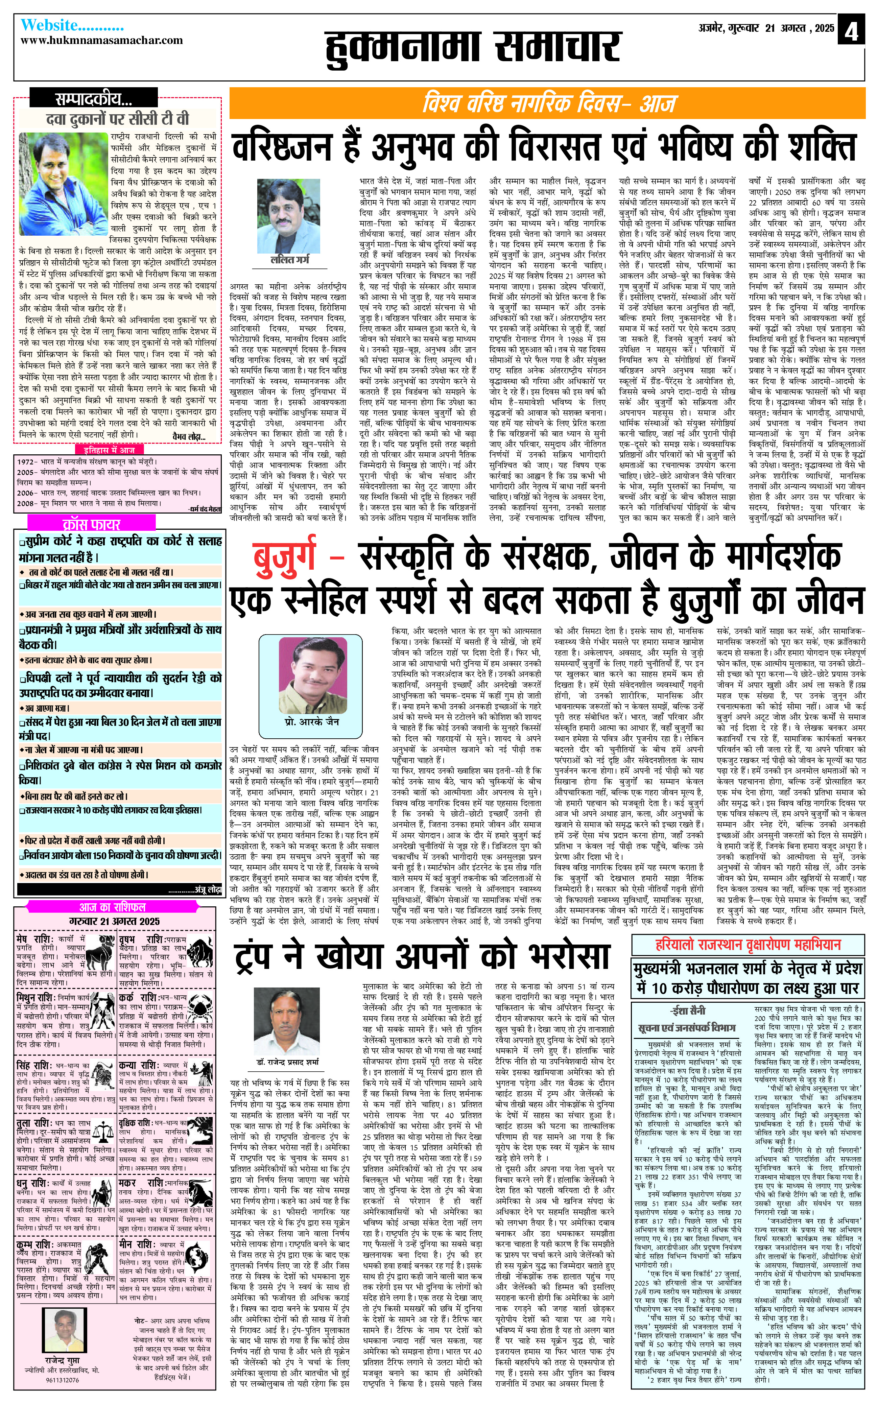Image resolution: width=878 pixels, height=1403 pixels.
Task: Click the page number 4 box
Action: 851,30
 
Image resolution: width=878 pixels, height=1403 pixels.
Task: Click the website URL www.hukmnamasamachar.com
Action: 102,41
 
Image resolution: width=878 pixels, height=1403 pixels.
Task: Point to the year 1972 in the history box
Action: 26,462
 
